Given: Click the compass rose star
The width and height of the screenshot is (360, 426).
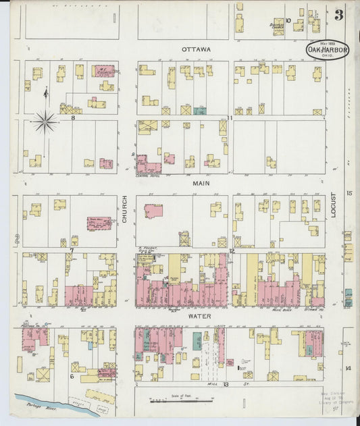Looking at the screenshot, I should pos(45,122).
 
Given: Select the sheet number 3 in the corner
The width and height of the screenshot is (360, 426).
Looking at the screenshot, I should pos(338,15).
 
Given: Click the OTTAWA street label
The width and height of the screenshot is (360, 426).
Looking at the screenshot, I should pos(196,50).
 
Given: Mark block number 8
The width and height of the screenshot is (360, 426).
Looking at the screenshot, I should pos(72,117).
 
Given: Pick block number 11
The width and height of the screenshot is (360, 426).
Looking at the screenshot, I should pos(230,117).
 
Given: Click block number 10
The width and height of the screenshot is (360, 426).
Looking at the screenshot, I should pos(288,20).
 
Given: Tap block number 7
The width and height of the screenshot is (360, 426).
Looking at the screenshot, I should pos(71,251).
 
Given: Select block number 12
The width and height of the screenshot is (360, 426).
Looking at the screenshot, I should pos(230,251).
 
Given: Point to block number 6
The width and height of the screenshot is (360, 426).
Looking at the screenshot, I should pos(72,376).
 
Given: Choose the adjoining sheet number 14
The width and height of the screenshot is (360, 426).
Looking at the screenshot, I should pos(349,369).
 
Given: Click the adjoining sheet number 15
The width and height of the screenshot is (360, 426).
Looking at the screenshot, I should pos(349,194).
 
